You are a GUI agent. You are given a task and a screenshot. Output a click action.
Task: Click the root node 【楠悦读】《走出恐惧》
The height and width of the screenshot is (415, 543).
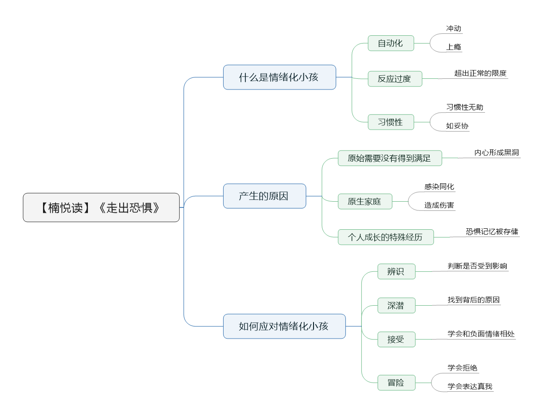point(101,207)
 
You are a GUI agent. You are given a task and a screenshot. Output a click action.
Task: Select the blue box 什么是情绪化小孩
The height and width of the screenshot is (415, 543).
point(279,77)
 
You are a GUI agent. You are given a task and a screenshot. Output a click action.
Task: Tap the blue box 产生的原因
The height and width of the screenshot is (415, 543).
point(265,196)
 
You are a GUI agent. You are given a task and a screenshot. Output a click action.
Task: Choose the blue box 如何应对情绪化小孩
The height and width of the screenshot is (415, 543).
point(285,326)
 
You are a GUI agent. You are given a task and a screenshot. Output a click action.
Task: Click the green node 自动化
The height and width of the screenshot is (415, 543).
point(391,44)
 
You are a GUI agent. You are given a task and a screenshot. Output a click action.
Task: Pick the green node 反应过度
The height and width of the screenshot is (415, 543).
point(395,79)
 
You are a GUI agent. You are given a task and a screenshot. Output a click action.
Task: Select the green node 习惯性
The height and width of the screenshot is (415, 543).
point(391,122)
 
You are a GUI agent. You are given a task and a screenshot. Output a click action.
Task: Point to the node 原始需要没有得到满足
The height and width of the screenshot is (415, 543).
point(389,158)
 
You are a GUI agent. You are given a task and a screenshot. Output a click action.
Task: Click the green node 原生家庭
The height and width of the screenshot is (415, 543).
point(365,201)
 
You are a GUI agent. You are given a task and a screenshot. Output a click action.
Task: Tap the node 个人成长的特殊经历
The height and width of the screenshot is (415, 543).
point(386,237)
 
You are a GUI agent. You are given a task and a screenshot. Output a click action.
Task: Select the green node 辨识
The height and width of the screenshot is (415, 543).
point(396,271)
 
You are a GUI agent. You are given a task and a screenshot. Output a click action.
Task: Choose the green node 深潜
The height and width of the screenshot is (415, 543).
point(396,305)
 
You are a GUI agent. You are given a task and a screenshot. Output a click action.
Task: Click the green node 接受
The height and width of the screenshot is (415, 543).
point(396,340)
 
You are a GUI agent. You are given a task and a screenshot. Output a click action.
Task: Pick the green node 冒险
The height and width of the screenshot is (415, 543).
point(396,383)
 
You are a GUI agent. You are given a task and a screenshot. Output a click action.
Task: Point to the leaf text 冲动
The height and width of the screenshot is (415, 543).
point(454,29)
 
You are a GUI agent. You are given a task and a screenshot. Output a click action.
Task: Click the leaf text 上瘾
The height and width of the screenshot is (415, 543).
point(454,47)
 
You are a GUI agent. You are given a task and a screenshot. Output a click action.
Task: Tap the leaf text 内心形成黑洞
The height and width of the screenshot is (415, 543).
point(497,152)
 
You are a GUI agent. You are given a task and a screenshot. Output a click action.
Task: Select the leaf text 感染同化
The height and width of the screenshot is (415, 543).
point(439,187)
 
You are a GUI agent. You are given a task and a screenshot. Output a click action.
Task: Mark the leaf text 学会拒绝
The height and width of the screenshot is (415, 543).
point(462,368)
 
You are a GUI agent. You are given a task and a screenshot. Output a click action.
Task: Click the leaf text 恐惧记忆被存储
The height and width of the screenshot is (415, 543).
point(492,232)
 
